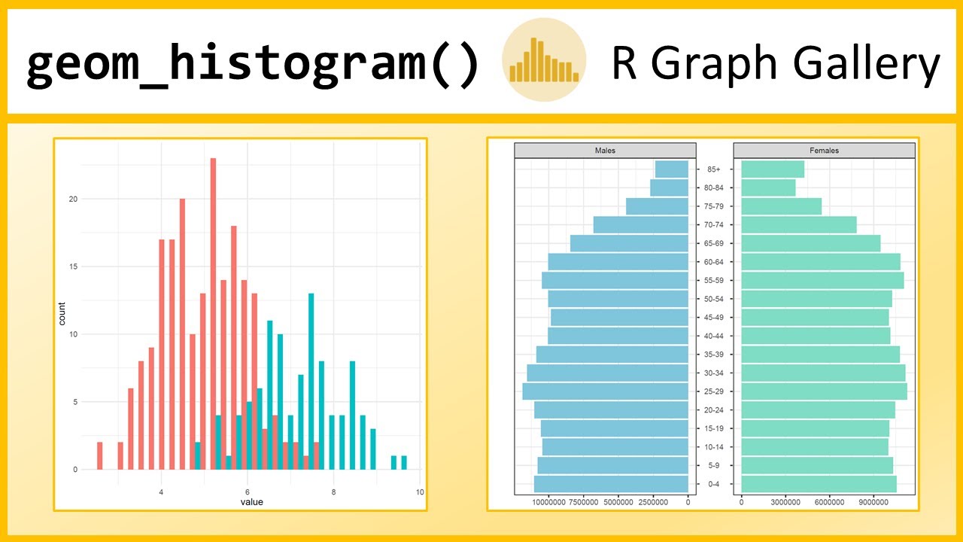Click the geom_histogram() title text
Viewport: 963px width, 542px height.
252,64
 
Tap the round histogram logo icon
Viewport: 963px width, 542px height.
544,59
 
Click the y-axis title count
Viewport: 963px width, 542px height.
62,313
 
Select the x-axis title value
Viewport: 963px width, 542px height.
251,502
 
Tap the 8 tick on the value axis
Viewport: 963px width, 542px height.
333,492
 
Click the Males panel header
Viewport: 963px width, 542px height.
604,151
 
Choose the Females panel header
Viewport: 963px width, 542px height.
824,151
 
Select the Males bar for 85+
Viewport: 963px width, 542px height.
672,169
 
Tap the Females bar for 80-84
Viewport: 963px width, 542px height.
768,187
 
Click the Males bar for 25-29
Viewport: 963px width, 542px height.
605,391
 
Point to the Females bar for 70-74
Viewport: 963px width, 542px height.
799,224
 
